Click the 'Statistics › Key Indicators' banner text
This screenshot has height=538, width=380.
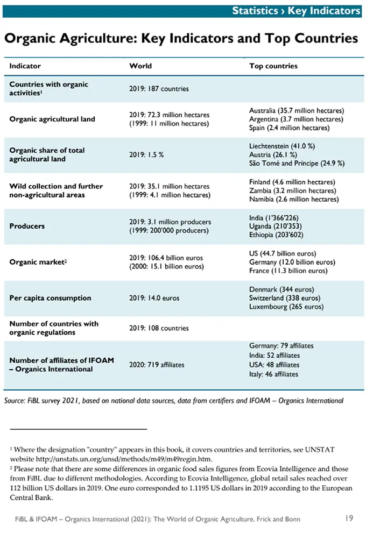296,11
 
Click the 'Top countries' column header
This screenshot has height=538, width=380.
273,66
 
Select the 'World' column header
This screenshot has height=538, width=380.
140,66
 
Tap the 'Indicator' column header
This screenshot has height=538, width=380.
25,66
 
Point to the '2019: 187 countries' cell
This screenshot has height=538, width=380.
159,89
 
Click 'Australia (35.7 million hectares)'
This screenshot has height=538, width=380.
297,110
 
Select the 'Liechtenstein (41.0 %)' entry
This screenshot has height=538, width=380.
282,146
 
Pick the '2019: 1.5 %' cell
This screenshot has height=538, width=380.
146,155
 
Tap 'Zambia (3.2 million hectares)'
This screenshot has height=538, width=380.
292,190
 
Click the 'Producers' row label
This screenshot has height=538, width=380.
27,226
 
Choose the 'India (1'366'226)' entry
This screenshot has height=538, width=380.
274,218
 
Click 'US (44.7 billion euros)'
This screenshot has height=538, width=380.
283,253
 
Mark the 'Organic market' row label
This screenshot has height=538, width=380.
38,262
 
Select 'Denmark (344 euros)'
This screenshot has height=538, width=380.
282,289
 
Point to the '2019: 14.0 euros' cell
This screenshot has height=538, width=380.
154,298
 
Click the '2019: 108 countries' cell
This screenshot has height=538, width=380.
159,328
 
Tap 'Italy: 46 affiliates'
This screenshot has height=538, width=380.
273,374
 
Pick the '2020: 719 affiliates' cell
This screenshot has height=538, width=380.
157,365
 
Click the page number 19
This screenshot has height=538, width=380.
349,518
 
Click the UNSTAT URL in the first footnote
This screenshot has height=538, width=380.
124,459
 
